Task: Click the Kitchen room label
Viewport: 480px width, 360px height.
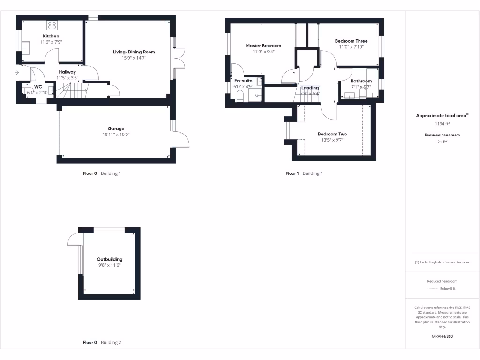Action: click(x=51, y=36)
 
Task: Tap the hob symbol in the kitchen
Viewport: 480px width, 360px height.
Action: click(x=52, y=25)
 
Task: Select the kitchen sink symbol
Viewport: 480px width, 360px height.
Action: click(x=26, y=48)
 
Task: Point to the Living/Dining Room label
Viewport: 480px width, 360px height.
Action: click(x=134, y=52)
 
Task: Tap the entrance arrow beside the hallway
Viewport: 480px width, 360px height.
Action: click(x=17, y=72)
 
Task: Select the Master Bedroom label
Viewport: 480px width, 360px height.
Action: click(x=263, y=46)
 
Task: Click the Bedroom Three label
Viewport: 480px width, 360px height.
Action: click(x=351, y=41)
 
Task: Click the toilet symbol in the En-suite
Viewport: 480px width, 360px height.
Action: click(x=240, y=96)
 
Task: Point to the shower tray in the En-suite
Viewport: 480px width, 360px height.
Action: click(x=255, y=95)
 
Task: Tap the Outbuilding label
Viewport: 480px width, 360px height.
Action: click(x=110, y=259)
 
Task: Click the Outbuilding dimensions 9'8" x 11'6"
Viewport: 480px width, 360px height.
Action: click(x=109, y=265)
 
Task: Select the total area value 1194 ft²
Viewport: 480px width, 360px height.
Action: click(x=442, y=124)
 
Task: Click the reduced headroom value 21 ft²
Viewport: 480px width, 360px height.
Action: click(x=442, y=141)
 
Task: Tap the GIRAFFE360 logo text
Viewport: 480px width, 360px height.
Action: click(x=442, y=336)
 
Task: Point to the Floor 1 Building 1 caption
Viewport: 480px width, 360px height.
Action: click(x=304, y=173)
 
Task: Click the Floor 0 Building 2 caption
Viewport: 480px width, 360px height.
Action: click(x=102, y=343)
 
